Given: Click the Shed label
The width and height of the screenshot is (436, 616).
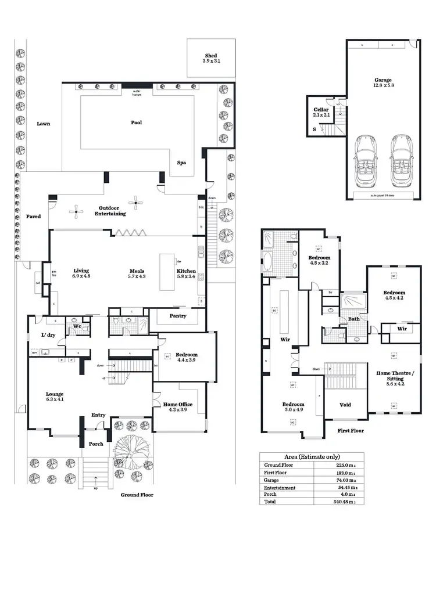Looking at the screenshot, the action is click(x=211, y=57).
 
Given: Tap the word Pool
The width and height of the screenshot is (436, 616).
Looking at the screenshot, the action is click(x=137, y=123).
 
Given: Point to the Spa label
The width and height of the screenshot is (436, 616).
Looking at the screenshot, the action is click(x=181, y=163).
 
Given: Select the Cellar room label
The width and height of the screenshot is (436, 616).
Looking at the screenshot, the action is click(x=321, y=112).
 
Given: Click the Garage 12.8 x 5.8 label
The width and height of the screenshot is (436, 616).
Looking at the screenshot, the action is click(x=383, y=83).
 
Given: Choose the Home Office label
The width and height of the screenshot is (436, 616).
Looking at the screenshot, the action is click(x=177, y=408).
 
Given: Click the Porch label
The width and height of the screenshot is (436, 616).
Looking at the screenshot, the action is click(x=96, y=444).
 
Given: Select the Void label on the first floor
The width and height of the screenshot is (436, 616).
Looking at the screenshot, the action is click(x=345, y=405).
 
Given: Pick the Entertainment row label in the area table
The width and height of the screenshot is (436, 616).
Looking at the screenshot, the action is click(x=280, y=488).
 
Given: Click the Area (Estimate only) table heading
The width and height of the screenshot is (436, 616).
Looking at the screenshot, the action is click(x=312, y=457).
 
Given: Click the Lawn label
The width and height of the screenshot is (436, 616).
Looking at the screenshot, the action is click(x=43, y=124).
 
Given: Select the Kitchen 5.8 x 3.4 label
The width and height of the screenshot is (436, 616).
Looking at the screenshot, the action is click(x=186, y=273).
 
